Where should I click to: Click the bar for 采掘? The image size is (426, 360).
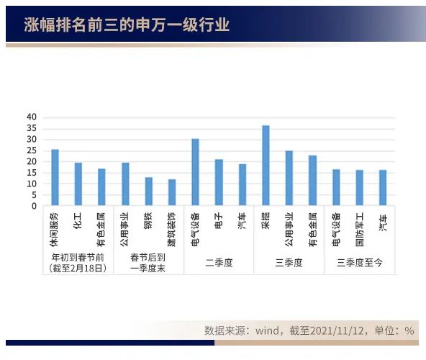pyautogui.click(x=266, y=166)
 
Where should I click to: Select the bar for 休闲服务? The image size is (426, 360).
pyautogui.click(x=55, y=178)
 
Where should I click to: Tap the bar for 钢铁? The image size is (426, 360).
pyautogui.click(x=148, y=192)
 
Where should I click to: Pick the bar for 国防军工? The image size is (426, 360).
pyautogui.click(x=359, y=188)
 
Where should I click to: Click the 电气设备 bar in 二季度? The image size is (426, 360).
pyautogui.click(x=195, y=172)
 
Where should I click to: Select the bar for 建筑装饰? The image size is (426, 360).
pyautogui.click(x=172, y=192)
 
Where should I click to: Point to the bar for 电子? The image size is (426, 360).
pyautogui.click(x=219, y=182)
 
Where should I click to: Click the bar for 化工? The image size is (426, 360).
pyautogui.click(x=78, y=184)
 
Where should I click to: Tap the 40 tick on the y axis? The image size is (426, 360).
pyautogui.click(x=31, y=117)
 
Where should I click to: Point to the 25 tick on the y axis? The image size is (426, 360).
pyautogui.click(x=31, y=150)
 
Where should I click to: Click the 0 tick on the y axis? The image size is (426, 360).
pyautogui.click(x=33, y=206)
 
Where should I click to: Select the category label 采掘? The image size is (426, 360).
pyautogui.click(x=266, y=219)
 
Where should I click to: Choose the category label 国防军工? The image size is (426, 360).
pyautogui.click(x=359, y=226)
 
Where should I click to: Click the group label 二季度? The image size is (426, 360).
pyautogui.click(x=219, y=263)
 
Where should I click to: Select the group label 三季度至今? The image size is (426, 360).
pyautogui.click(x=359, y=263)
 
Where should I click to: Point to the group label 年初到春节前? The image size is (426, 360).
pyautogui.click(x=78, y=257)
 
